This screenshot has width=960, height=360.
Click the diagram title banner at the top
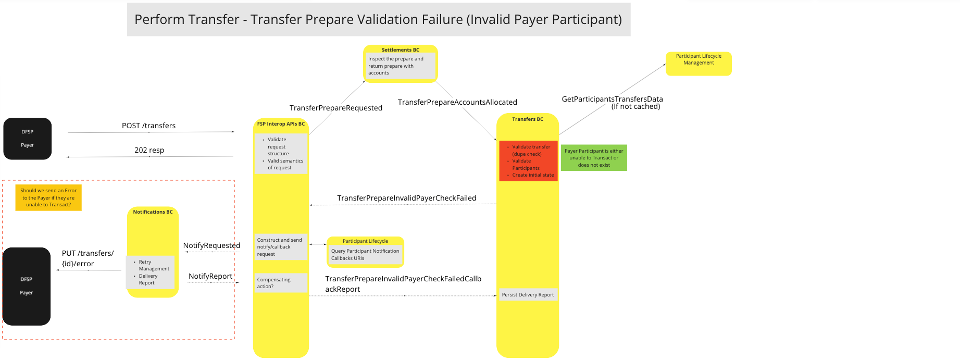378,19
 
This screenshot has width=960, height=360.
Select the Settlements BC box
400,64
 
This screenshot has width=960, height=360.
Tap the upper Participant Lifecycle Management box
698,63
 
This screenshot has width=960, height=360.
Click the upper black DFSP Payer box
28,139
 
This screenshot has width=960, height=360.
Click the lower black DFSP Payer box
27,286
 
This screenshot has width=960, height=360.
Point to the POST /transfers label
148,126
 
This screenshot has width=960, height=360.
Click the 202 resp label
149,150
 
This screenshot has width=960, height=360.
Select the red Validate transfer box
528,161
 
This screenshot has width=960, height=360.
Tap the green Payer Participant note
593,158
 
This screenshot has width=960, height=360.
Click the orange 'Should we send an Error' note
48,197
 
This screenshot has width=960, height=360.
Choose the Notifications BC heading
153,212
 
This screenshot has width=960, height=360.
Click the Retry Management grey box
151,272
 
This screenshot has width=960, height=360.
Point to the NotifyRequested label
211,245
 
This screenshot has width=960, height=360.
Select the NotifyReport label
210,276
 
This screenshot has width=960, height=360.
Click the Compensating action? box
281,283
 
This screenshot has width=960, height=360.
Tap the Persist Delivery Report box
528,295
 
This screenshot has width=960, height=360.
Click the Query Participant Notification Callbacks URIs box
365,254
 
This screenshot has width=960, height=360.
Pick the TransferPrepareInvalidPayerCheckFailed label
406,198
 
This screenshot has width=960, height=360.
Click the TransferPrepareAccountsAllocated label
457,102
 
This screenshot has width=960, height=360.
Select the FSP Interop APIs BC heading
281,124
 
